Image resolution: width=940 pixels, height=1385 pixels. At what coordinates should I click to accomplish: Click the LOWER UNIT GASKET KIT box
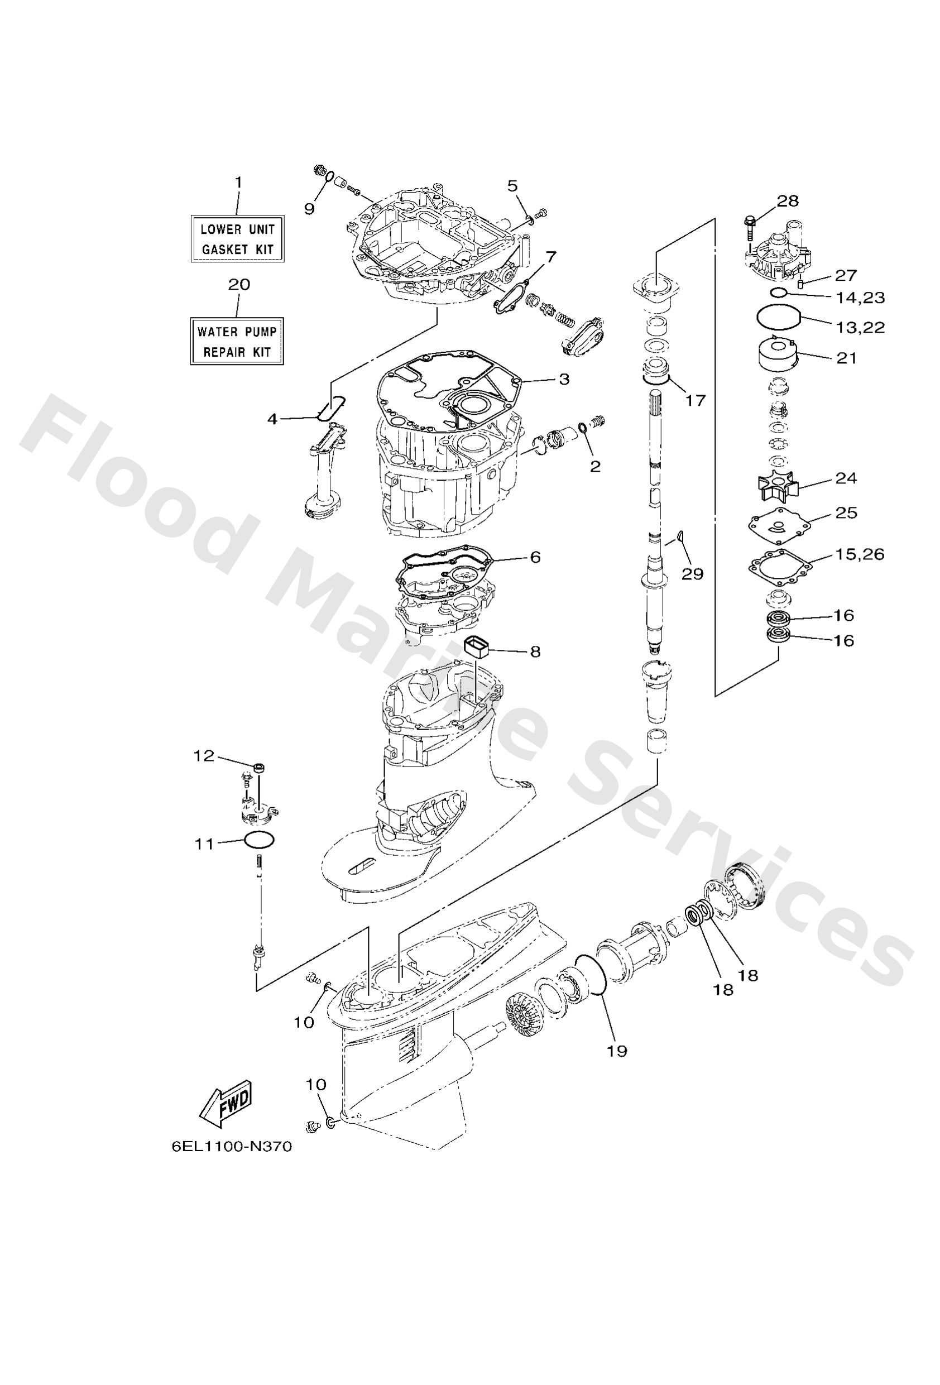click(x=237, y=239)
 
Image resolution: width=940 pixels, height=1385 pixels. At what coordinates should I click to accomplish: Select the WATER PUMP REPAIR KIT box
click(x=237, y=342)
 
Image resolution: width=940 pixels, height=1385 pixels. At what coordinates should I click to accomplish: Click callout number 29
click(x=693, y=573)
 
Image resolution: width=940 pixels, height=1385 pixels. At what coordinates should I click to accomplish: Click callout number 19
click(x=617, y=1051)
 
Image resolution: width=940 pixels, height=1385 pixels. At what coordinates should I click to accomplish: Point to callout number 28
click(x=788, y=201)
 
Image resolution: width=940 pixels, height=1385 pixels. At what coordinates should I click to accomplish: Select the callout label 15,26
click(x=859, y=554)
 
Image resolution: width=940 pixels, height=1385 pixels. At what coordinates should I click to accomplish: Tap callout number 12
click(x=203, y=756)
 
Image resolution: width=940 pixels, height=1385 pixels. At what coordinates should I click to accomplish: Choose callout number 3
click(x=563, y=379)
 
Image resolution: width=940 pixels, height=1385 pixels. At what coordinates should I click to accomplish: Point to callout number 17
click(x=695, y=400)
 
